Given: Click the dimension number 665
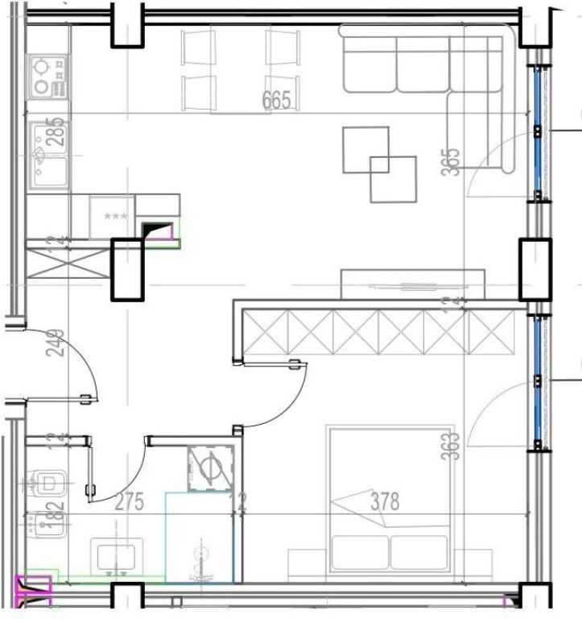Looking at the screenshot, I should tap(276, 101).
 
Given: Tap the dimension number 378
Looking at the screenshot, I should tap(384, 501).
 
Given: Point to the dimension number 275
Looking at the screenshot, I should tap(129, 502).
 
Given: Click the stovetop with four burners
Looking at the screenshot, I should tap(49, 77).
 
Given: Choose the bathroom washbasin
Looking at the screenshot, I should tap(118, 556).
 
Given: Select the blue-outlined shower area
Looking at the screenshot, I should tap(199, 536).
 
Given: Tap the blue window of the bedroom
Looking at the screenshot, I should tap(538, 384).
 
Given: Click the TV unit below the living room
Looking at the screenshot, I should tap(414, 285).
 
